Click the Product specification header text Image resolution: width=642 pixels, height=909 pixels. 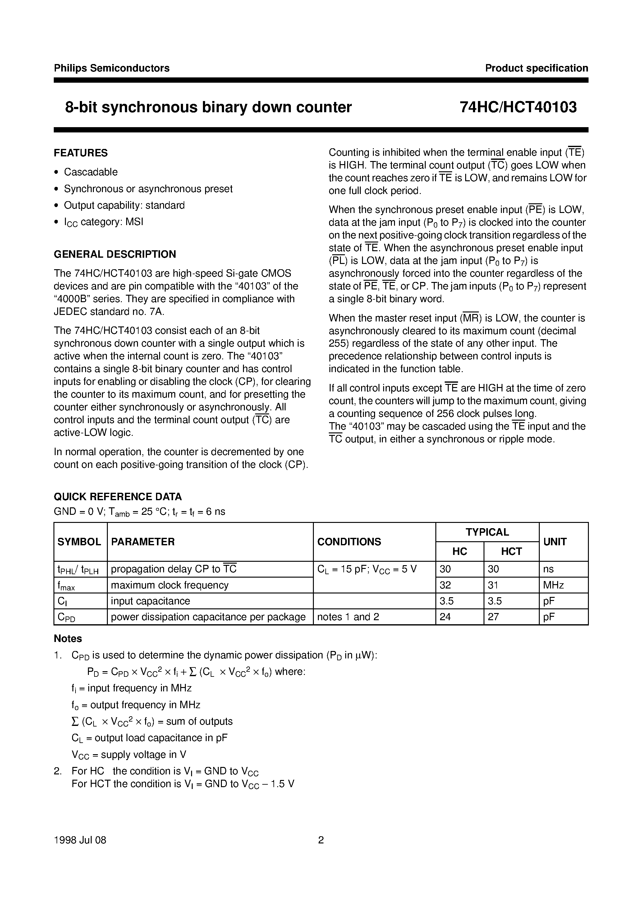click(x=536, y=68)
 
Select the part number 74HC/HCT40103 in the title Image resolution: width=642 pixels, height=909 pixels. click(x=518, y=107)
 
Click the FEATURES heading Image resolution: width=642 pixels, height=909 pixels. click(x=81, y=153)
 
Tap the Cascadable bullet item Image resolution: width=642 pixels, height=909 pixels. click(x=91, y=172)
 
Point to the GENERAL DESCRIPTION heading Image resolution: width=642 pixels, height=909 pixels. click(x=115, y=254)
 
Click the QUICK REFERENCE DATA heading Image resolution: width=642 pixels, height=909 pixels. click(x=117, y=496)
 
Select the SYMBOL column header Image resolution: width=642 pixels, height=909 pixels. click(x=79, y=542)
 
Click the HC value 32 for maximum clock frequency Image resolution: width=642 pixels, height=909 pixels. click(x=445, y=585)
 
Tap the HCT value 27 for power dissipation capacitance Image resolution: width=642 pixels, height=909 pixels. click(x=493, y=617)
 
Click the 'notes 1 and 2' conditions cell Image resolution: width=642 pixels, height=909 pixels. click(x=348, y=617)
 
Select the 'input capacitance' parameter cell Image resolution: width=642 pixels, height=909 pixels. click(x=150, y=601)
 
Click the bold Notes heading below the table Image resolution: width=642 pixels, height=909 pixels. click(x=68, y=639)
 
